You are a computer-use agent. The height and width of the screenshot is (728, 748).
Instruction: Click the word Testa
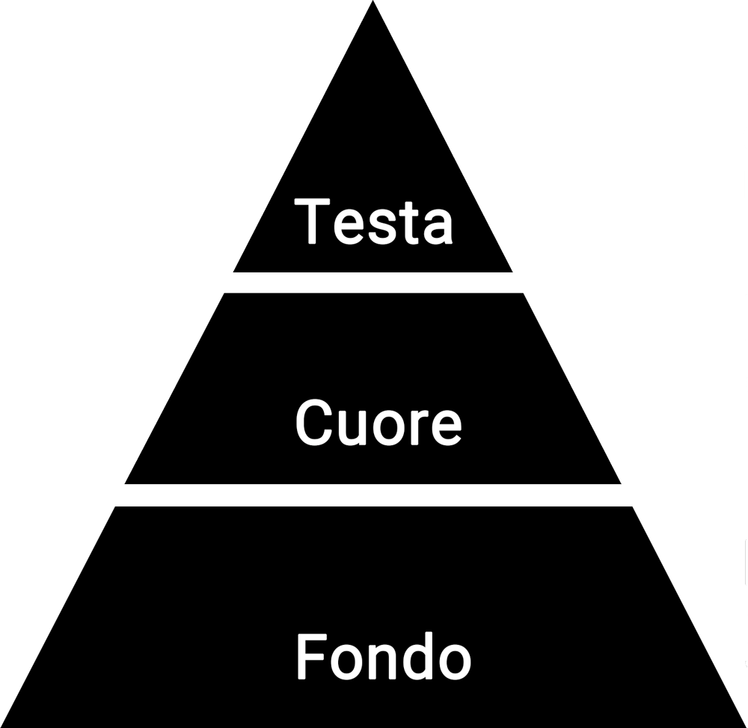(x=374, y=221)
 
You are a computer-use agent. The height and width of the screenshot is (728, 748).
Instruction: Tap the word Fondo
(x=383, y=656)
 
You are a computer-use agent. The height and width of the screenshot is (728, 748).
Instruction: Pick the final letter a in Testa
(x=437, y=227)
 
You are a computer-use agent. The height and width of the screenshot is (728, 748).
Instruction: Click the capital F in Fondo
(x=312, y=656)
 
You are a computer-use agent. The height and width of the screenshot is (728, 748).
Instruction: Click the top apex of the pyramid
(x=373, y=2)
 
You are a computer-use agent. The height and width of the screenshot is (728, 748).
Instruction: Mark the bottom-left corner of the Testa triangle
(x=233, y=272)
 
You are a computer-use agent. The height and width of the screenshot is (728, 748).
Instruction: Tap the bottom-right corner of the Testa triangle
(x=512, y=272)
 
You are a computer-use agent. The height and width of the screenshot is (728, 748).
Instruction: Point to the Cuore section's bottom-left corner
(x=125, y=483)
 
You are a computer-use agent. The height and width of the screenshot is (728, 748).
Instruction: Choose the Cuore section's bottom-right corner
(x=621, y=483)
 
